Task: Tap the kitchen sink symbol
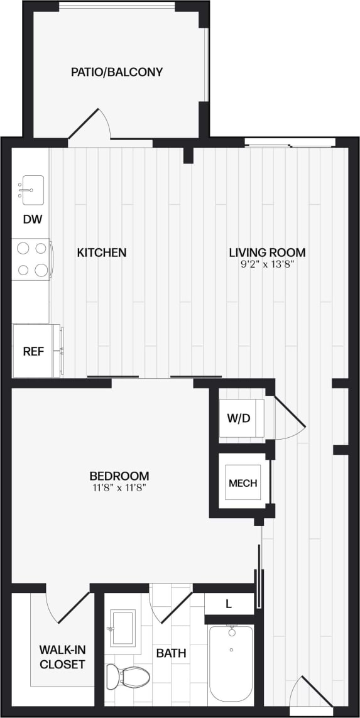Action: [x=30, y=187]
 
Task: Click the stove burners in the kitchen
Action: [x=33, y=259]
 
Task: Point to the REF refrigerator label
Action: [x=33, y=351]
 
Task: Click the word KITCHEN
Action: [x=102, y=253]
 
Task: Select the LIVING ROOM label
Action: [x=267, y=253]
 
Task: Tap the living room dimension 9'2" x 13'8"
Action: [x=267, y=264]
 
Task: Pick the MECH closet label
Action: [x=243, y=483]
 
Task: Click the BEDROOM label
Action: [x=119, y=476]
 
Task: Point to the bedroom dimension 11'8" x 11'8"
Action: [x=119, y=487]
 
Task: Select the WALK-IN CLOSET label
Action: [x=62, y=656]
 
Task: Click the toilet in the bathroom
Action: [x=129, y=677]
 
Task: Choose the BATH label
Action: [x=171, y=653]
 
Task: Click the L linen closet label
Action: [x=229, y=604]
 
